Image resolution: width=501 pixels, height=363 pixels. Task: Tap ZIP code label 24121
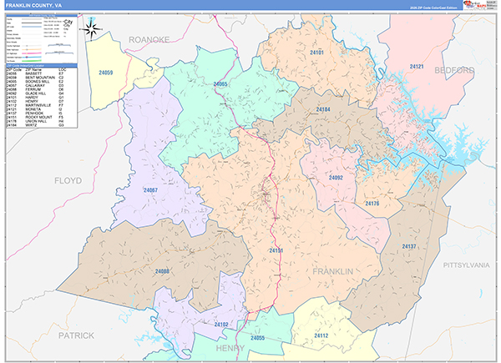pos(417,66)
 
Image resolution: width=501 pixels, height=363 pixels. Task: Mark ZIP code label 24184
pos(323,109)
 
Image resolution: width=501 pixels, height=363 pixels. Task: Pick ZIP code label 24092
pos(336,178)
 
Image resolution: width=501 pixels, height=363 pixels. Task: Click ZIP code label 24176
pos(372,204)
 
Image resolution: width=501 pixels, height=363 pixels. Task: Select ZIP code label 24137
pos(409,246)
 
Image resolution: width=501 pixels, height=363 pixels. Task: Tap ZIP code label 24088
pos(161,271)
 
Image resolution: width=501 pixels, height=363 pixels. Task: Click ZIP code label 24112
pos(321,335)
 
